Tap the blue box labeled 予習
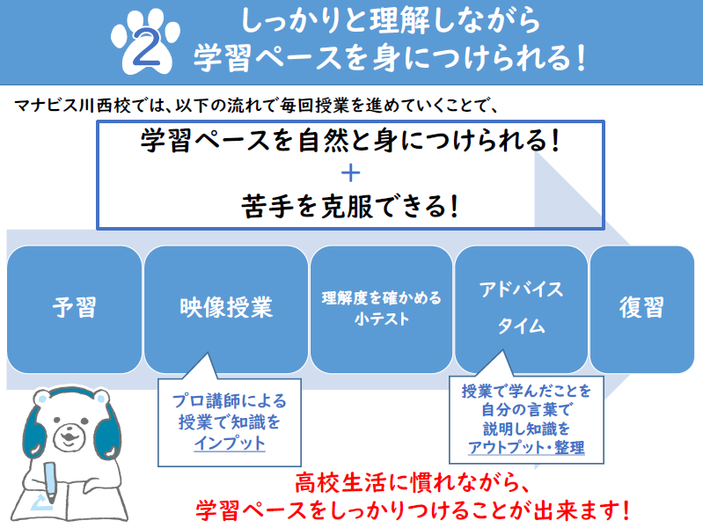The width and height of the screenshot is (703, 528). point(75,309)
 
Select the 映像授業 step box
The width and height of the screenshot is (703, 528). point(226,309)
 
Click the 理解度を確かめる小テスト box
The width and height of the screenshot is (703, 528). point(382,309)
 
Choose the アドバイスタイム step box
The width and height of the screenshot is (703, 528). point(521,309)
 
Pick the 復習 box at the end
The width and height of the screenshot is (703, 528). point(642,309)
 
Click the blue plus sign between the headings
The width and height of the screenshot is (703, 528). point(350,173)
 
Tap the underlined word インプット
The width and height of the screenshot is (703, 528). point(230,444)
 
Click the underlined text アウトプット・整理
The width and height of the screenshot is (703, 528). point(526,447)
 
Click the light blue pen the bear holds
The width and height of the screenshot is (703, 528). point(50,481)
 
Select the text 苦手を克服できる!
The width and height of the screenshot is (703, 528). point(350,206)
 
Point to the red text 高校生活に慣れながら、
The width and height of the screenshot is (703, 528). point(413,484)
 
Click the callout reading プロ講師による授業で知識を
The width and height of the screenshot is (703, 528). point(230,411)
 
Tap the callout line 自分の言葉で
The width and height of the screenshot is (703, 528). point(526,410)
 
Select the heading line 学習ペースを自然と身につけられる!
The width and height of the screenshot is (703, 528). point(350,140)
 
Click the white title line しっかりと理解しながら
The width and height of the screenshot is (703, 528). point(390,20)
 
